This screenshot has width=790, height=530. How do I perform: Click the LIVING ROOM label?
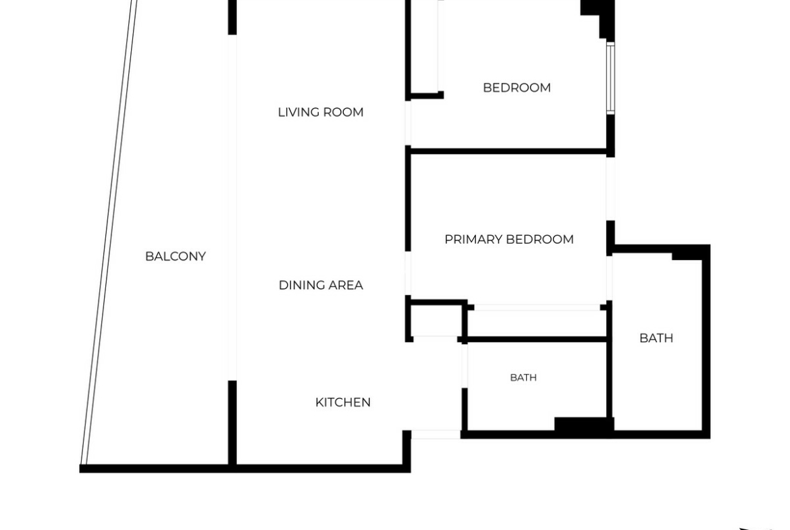321,112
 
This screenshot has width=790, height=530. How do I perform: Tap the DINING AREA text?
321,285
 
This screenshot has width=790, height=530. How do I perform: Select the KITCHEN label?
342,402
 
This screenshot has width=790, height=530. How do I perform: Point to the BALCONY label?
176,257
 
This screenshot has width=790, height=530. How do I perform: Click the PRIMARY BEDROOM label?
509,239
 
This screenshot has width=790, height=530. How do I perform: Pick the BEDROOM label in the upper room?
517,88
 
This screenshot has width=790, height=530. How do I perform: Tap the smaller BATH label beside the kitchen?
523,377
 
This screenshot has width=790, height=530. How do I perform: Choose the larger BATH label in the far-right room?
656,338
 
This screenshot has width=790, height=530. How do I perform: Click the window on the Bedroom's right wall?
610,78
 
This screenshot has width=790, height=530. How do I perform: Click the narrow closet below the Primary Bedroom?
537,323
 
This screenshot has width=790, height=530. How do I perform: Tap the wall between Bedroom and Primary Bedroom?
509,151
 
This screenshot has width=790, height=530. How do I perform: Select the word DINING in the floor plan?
300,285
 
